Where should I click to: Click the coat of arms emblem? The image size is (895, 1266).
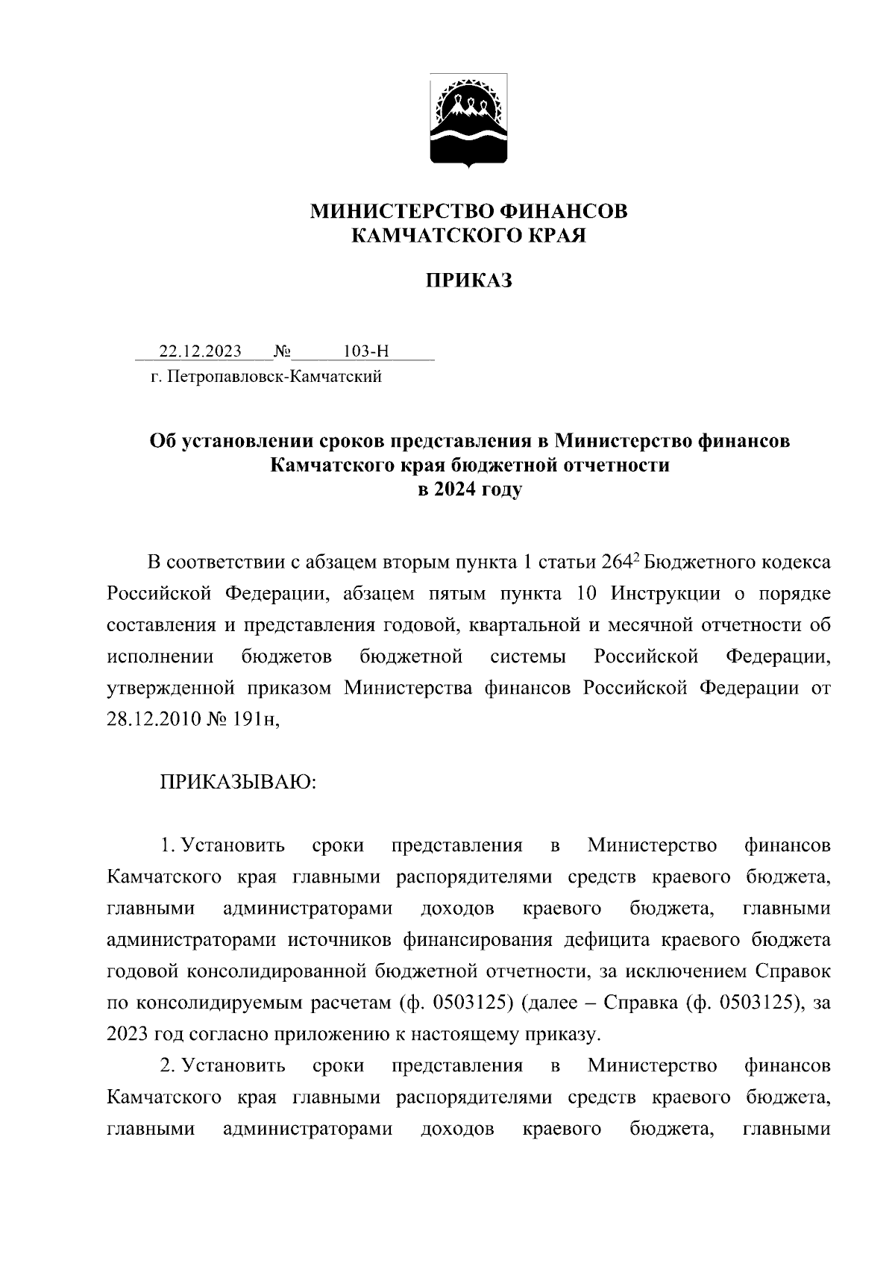coord(469,122)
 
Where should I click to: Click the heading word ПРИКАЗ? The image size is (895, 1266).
coord(469,281)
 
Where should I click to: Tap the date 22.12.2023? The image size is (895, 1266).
coord(201,351)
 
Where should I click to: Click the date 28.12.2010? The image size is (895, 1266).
coord(153,720)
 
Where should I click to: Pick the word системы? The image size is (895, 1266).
coord(528,656)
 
